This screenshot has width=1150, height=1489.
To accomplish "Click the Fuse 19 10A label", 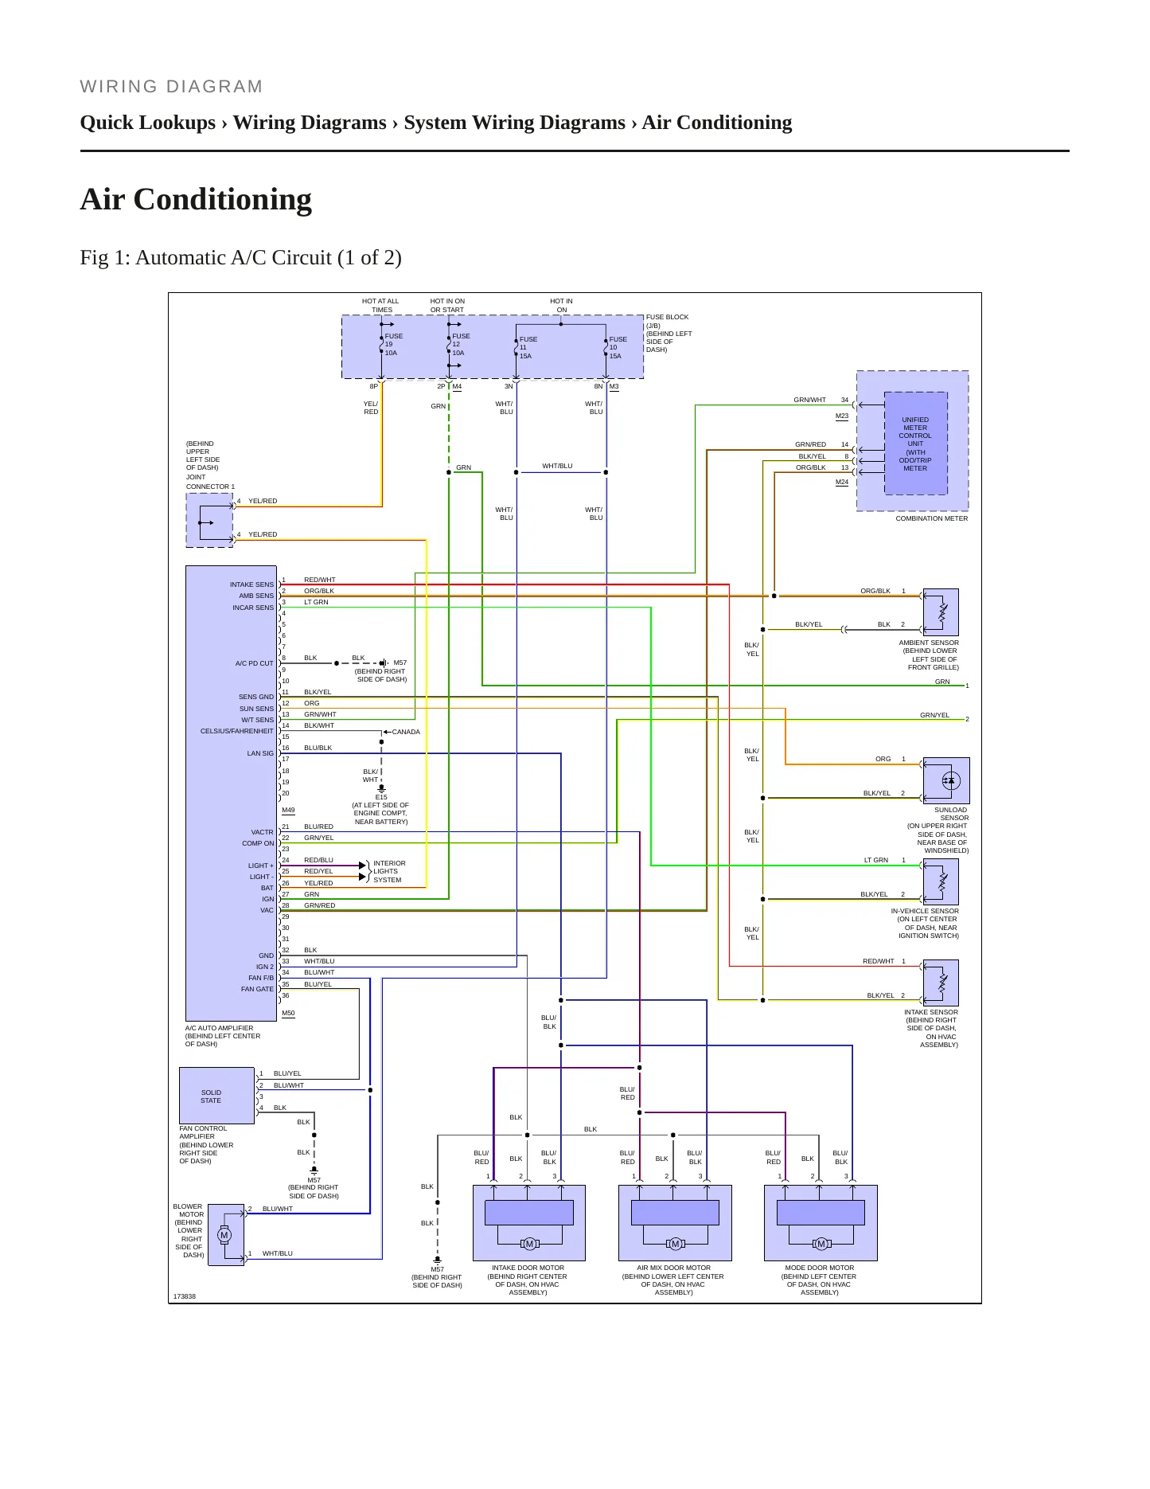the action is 393,345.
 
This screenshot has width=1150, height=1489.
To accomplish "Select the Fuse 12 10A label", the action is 461,345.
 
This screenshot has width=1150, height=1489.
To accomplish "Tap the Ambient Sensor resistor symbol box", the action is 941,612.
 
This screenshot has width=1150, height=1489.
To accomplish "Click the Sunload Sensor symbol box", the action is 946,781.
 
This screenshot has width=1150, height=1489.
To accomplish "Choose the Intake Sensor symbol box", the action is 941,983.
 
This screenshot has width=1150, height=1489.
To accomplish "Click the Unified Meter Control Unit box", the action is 915,444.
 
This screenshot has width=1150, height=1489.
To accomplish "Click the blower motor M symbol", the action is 224,1236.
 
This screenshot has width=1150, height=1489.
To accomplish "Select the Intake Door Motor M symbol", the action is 529,1244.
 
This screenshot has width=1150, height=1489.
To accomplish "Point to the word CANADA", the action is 406,732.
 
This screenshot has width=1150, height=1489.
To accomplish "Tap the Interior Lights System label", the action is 389,871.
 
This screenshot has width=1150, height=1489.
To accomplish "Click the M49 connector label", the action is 288,811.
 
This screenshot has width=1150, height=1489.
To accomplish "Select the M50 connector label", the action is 288,1014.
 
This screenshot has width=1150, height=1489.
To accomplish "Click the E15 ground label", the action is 381,797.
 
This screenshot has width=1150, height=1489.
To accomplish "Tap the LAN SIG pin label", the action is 260,753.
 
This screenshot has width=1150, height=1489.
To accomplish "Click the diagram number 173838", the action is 185,1296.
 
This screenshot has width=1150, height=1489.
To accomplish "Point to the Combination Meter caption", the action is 932,518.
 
